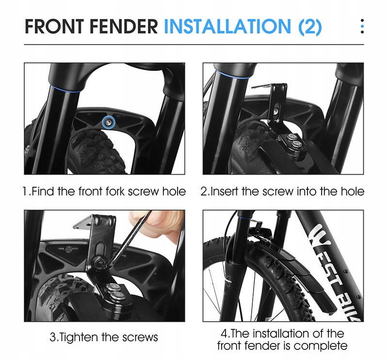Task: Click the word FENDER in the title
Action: (x=124, y=26)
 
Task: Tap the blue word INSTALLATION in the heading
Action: (x=227, y=26)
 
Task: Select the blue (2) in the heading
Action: (x=310, y=27)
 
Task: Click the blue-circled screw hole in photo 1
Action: (x=109, y=121)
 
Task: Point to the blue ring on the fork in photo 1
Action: (x=65, y=89)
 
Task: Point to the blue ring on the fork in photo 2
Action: (x=232, y=74)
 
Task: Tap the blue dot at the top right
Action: (x=362, y=26)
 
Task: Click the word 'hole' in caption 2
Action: (x=353, y=191)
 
